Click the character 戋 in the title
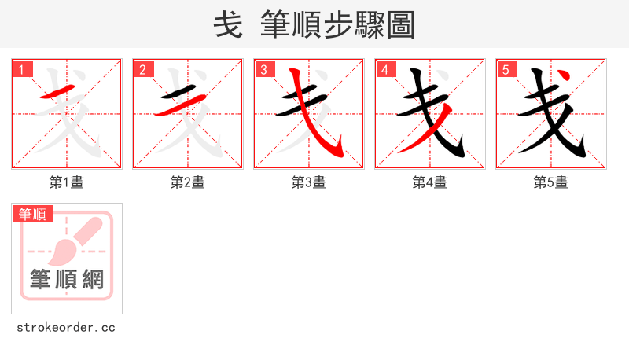[x=228, y=25]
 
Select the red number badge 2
[x=142, y=69]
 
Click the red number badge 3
[x=263, y=69]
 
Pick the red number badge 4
[x=384, y=69]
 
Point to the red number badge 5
[x=506, y=69]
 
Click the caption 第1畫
[x=67, y=182]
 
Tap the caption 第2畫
[x=188, y=182]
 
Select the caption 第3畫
[x=309, y=182]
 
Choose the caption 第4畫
[x=430, y=182]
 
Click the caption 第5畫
[x=551, y=182]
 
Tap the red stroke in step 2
[x=180, y=105]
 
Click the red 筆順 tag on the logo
[x=32, y=213]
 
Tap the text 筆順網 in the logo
[x=67, y=279]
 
